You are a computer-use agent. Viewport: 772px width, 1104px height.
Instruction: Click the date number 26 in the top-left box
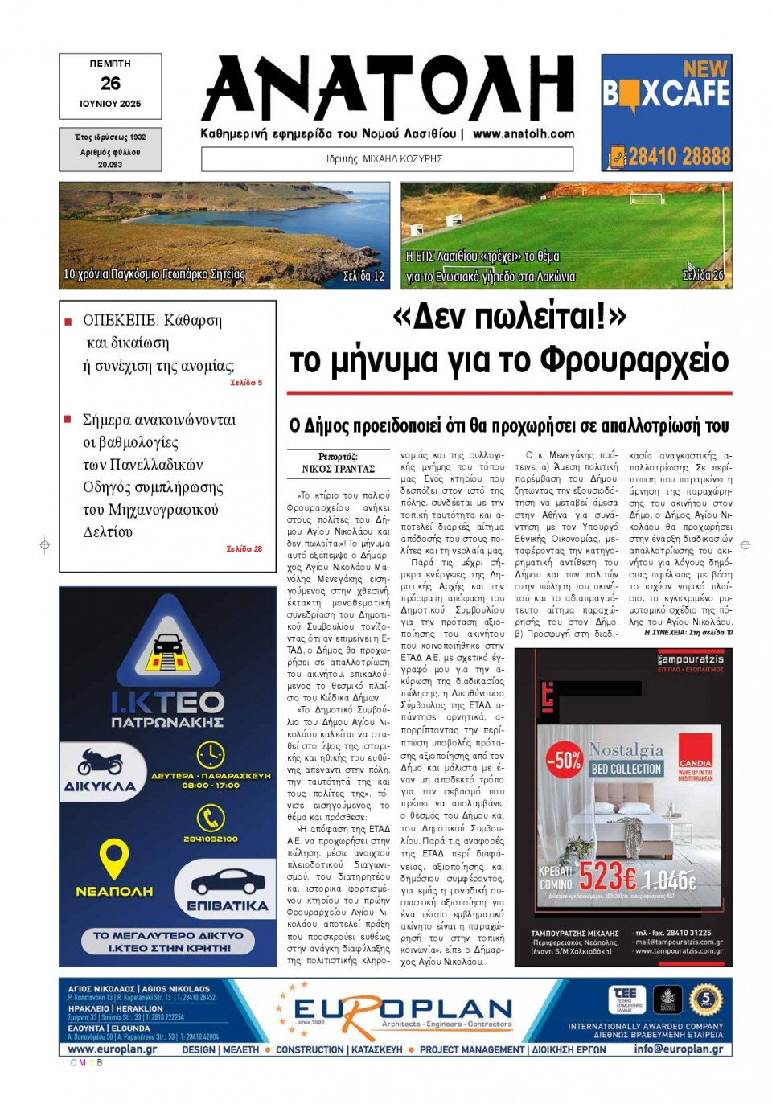110,84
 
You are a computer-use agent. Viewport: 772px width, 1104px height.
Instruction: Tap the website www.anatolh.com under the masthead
524,134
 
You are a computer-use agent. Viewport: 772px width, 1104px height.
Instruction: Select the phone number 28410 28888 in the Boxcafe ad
678,156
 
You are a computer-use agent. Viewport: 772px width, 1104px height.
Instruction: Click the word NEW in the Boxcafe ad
704,69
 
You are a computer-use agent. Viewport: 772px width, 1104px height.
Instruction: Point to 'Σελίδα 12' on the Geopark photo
363,276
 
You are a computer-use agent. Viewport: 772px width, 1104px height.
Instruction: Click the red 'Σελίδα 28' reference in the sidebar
244,548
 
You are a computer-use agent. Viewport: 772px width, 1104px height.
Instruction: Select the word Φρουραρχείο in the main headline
634,361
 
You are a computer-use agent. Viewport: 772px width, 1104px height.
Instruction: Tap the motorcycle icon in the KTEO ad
101,761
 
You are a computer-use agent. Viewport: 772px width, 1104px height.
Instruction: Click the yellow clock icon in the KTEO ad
210,754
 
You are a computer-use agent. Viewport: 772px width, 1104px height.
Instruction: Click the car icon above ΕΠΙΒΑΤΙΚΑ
227,881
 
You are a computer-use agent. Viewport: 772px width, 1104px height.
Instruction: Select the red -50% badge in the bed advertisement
564,759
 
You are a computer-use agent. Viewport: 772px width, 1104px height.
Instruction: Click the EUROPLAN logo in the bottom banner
402,1011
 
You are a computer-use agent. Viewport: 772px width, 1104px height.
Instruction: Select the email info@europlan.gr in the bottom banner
677,1049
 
